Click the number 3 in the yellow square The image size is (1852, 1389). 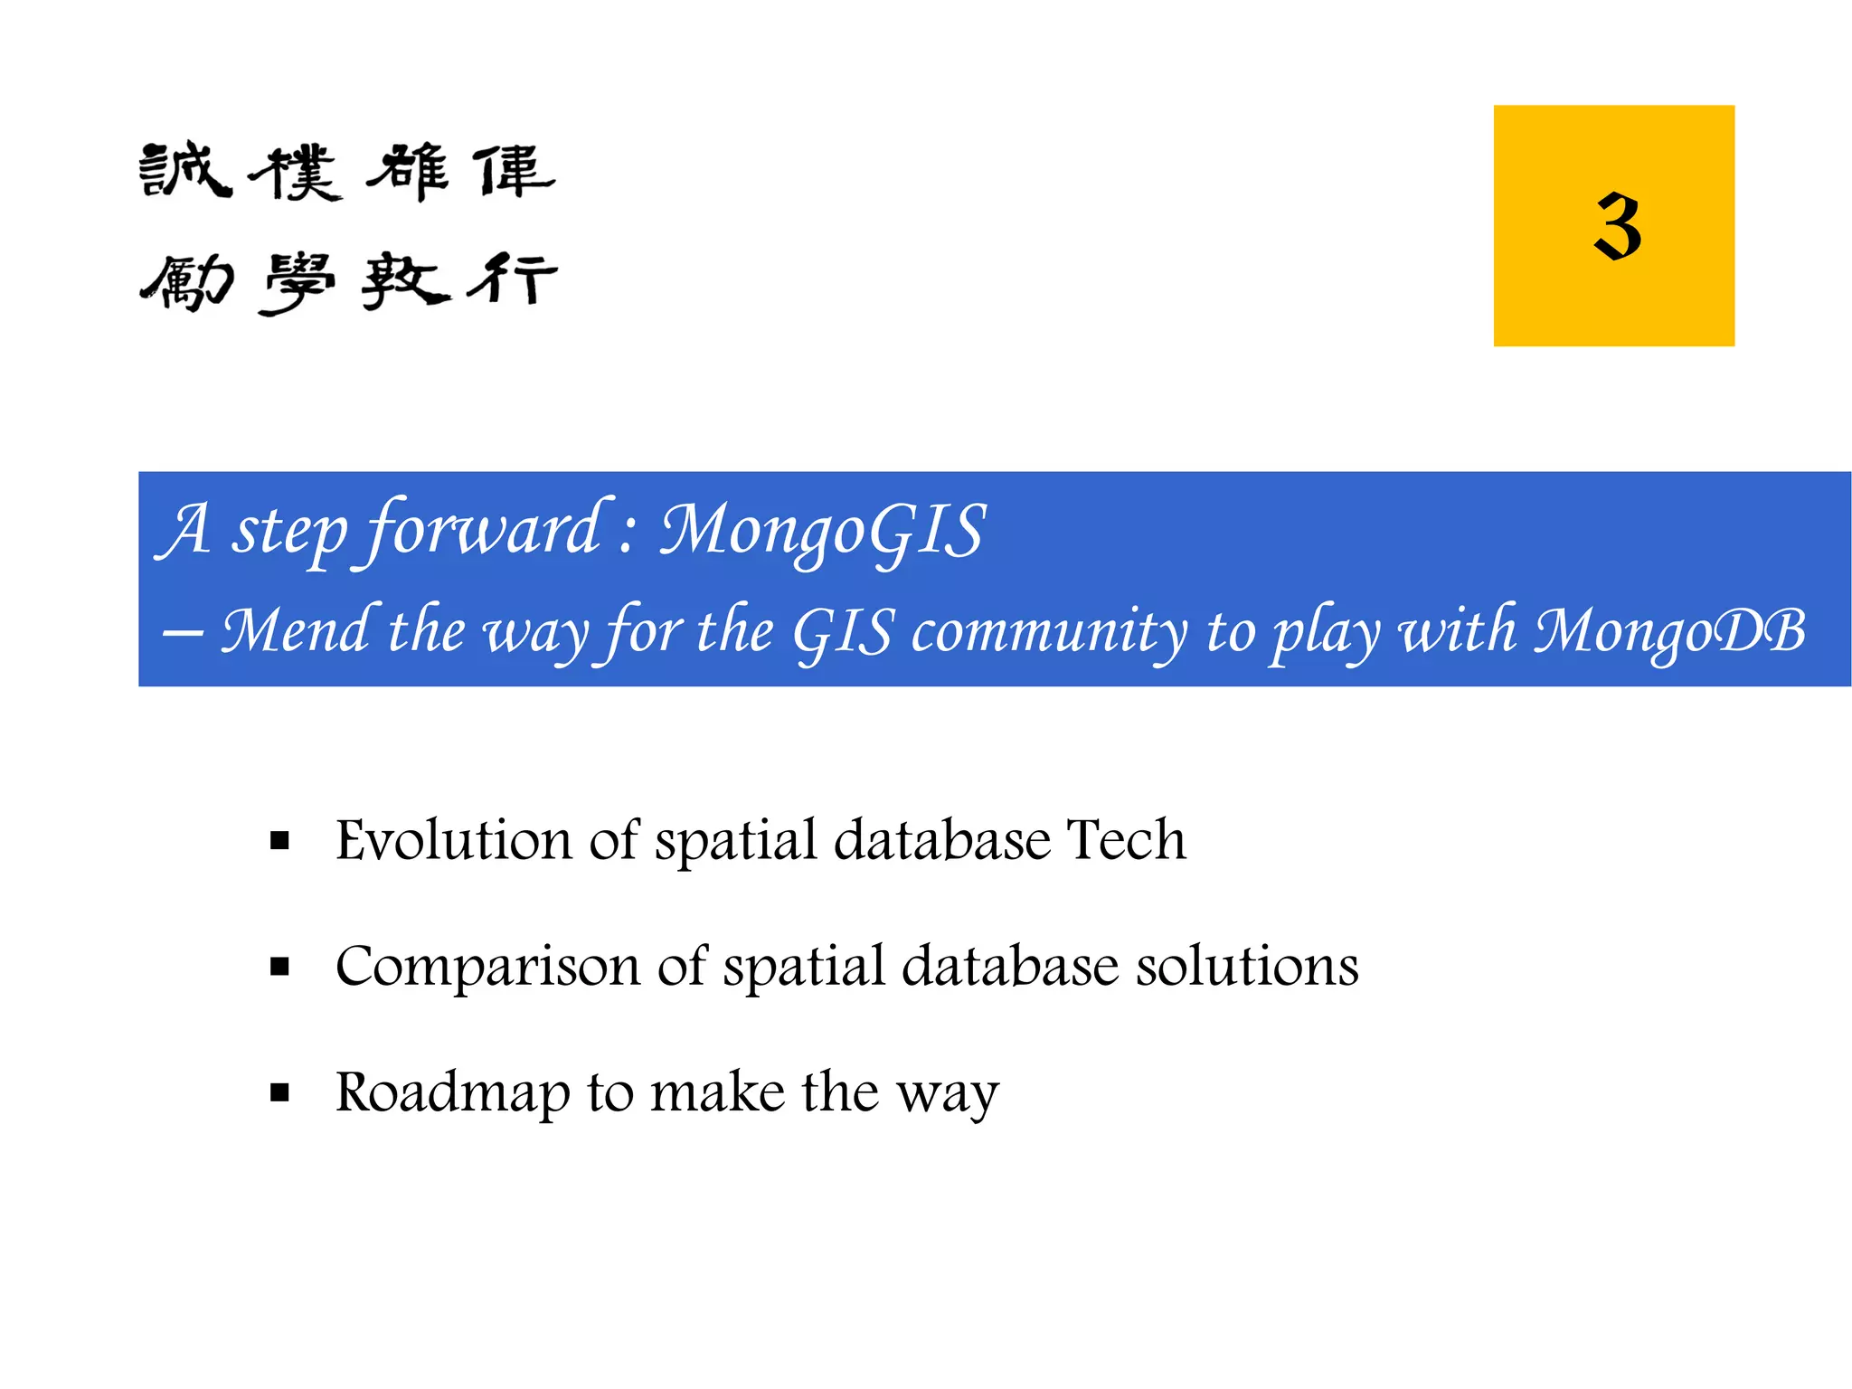pyautogui.click(x=1617, y=226)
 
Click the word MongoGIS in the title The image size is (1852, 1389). pyautogui.click(x=822, y=531)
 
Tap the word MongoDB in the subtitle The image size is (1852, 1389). pyautogui.click(x=1669, y=631)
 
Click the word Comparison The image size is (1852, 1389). pyautogui.click(x=487, y=966)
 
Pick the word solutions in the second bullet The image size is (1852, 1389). pyautogui.click(x=1247, y=966)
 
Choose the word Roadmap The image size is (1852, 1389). pyautogui.click(x=453, y=1092)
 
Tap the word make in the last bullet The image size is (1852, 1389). pyautogui.click(x=717, y=1092)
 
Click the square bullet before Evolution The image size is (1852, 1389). pyautogui.click(x=279, y=842)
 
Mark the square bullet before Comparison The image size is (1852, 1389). pyautogui.click(x=279, y=968)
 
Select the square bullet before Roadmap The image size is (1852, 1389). pyautogui.click(x=279, y=1093)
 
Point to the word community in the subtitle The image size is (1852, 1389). pyautogui.click(x=1049, y=631)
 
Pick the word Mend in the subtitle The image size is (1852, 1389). pyautogui.click(x=295, y=631)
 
